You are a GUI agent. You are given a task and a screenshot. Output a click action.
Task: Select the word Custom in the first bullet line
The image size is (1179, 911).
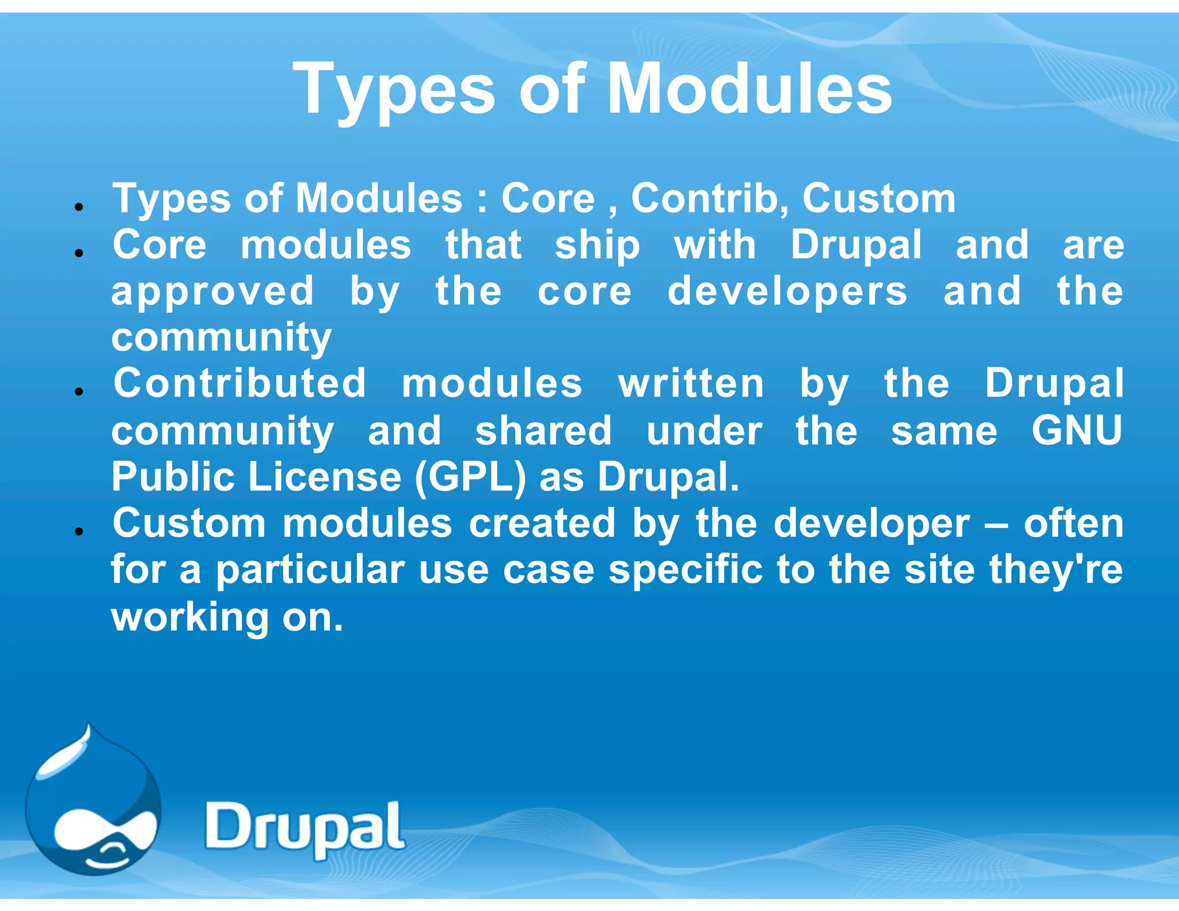tap(878, 199)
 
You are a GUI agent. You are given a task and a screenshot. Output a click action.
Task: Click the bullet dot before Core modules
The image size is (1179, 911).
tap(79, 253)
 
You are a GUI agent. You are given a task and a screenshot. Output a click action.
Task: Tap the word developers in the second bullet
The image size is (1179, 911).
tap(787, 291)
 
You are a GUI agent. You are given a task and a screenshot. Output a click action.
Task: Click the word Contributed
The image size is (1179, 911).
tap(239, 384)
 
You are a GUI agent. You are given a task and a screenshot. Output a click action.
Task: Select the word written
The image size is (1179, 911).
tap(691, 385)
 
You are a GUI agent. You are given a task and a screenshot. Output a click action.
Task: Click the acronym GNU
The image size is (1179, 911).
tap(1077, 431)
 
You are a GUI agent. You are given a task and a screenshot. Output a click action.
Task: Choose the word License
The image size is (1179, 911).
tap(325, 477)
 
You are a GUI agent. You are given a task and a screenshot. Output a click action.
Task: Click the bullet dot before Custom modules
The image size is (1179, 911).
tap(79, 532)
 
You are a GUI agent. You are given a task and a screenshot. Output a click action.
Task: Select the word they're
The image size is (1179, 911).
tap(1056, 570)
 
